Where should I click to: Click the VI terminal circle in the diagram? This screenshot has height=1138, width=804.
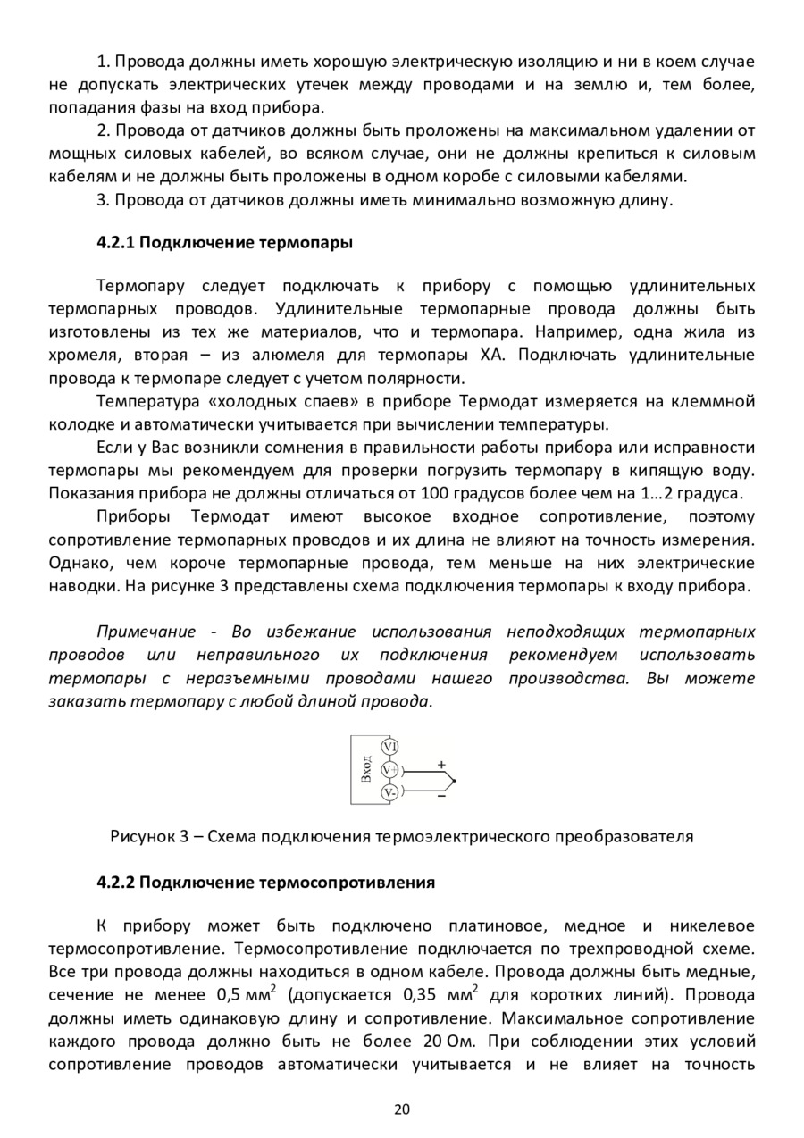tap(389, 747)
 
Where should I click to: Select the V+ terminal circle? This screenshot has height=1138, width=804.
tap(389, 769)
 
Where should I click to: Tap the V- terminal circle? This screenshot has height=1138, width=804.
tap(389, 792)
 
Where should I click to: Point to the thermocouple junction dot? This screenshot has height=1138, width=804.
tap(454, 782)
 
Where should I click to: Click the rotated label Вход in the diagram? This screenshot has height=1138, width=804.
tap(366, 769)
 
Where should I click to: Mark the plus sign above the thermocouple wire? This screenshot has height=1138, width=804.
tap(441, 765)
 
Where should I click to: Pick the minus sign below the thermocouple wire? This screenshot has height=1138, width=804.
tap(441, 797)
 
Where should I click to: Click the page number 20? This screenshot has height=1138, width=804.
tap(401, 1109)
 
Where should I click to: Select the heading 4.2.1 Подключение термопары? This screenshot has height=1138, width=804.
tap(224, 243)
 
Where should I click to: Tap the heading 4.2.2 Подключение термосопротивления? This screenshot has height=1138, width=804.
tap(265, 883)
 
